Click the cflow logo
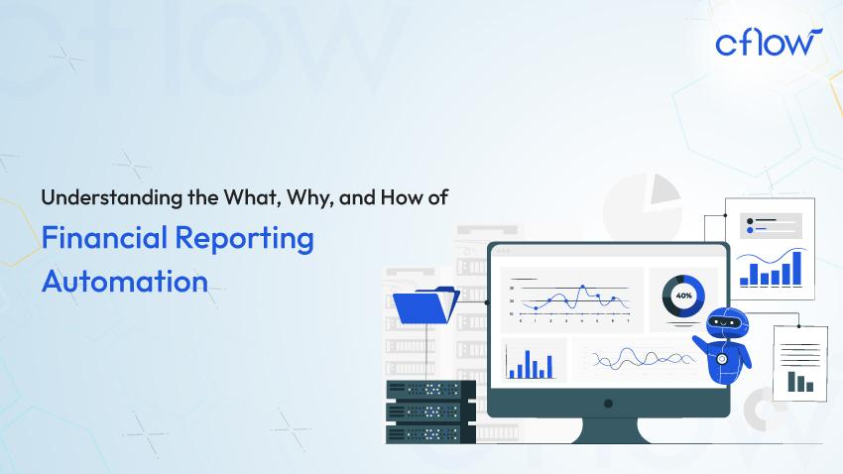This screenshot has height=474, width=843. [767, 43]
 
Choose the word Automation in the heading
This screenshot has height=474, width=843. [124, 280]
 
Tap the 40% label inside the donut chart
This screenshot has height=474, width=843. [683, 296]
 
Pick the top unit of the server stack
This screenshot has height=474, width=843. [423, 389]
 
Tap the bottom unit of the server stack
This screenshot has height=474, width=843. [423, 432]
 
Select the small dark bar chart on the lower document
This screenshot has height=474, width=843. [800, 381]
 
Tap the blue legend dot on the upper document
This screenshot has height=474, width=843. [750, 230]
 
